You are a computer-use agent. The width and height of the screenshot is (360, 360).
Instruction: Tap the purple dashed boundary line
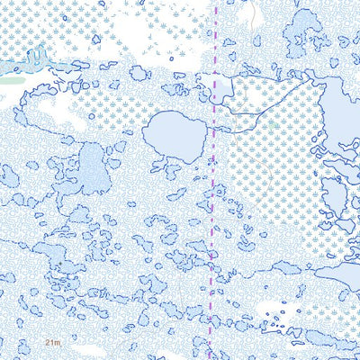[x=213, y=225]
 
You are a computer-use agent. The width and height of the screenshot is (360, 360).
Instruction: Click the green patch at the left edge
[x=9, y=80]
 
